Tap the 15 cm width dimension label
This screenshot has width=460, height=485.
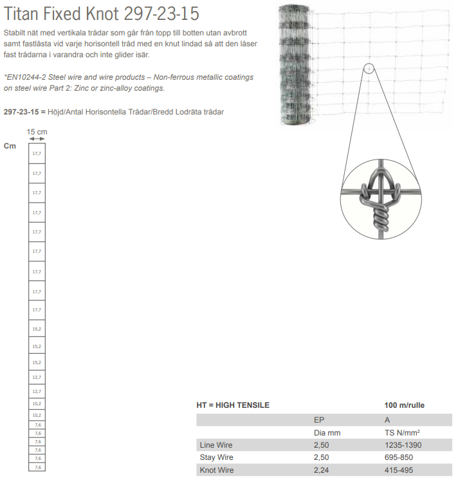37,131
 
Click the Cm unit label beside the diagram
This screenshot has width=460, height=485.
10,146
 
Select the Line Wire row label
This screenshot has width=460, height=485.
216,444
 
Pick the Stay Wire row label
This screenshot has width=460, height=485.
216,457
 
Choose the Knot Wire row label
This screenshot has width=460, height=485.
217,470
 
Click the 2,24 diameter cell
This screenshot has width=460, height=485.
322,470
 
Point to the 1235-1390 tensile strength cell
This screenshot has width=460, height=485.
403,444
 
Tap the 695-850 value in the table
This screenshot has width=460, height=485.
398,457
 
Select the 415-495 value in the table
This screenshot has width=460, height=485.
398,470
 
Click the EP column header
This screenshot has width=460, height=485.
318,419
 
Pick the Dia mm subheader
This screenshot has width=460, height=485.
326,432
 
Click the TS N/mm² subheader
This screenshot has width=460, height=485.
402,432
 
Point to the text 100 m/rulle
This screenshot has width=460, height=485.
404,405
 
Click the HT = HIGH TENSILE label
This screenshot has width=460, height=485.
233,405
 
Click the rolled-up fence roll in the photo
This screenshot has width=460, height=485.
297,66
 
